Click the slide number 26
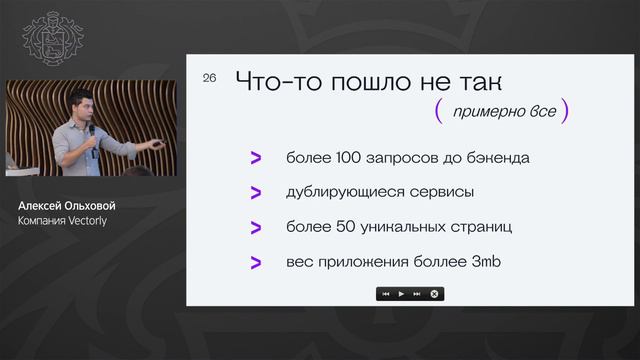209,78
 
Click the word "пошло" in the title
373,83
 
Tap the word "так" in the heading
478,83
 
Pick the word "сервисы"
440,192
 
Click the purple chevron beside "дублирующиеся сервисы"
256,192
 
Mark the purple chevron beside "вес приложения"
256,262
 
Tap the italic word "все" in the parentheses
542,112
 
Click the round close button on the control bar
434,294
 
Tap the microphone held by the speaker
92,131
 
